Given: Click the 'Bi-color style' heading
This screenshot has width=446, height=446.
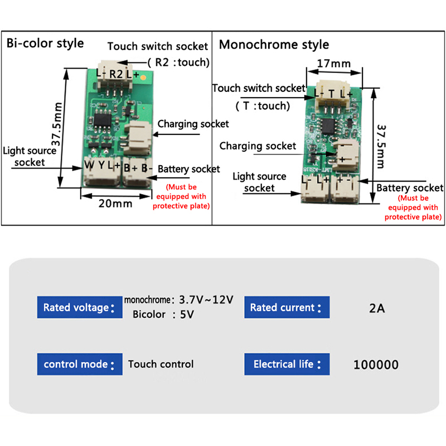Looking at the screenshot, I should click(45, 43).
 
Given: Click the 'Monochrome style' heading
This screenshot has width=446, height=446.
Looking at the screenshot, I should click(274, 44).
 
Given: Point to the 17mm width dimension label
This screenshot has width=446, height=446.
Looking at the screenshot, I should click(333, 63).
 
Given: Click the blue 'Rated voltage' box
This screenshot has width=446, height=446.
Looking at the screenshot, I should click(79, 307).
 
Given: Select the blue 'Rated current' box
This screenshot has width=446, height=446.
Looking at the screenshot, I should click(287, 307).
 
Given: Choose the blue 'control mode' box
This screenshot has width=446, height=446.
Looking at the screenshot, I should click(79, 364).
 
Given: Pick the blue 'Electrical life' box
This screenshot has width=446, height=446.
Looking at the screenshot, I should click(287, 364).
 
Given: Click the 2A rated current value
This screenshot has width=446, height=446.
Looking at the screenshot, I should click(377, 307).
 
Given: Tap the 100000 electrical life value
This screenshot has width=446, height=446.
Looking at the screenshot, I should click(376, 365).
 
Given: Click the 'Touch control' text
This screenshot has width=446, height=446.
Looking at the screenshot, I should click(161, 364).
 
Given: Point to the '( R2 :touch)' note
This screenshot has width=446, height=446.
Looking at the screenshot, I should click(178, 62).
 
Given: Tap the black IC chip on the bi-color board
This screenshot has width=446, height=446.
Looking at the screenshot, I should click(105, 119).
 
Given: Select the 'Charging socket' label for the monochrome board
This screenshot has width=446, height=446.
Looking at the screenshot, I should click(258, 146).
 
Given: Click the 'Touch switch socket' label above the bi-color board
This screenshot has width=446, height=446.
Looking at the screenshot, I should click(157, 46).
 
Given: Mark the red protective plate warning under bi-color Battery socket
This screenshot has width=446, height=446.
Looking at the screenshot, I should click(182, 196).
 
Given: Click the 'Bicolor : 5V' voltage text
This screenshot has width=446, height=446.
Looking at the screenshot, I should click(163, 314).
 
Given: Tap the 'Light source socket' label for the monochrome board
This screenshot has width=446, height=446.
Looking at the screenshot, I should click(259, 182).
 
